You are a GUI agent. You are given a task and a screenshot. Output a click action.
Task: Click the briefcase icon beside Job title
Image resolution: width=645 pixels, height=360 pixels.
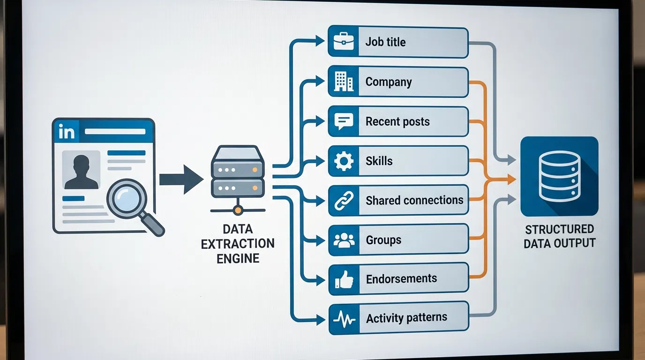[344, 42]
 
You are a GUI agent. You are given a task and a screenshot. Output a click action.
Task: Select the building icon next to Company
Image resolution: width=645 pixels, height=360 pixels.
[344, 82]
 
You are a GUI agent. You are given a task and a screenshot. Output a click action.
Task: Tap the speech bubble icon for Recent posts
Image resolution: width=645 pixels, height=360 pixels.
[344, 121]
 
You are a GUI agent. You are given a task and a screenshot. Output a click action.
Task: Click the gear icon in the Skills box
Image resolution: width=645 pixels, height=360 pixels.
[344, 161]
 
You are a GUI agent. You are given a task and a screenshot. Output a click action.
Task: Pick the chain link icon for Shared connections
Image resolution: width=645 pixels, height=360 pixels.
[344, 201]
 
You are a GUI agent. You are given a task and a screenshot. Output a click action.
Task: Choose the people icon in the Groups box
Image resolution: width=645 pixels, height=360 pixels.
[344, 240]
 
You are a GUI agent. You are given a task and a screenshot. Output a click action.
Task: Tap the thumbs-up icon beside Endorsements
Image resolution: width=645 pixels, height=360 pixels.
[344, 280]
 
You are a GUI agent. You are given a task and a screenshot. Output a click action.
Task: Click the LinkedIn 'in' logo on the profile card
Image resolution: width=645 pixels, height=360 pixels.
[67, 132]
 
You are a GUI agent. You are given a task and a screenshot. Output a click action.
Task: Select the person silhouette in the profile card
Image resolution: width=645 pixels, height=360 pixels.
[82, 172]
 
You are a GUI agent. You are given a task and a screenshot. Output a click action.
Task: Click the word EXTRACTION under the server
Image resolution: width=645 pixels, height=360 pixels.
[238, 244]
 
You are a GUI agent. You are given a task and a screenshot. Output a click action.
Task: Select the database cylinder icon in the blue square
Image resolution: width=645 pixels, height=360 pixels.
[559, 176]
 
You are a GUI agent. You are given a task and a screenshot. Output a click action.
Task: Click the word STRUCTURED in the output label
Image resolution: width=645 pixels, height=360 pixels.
[559, 229]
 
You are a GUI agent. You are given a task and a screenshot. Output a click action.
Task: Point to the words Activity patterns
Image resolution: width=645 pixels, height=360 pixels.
[406, 318]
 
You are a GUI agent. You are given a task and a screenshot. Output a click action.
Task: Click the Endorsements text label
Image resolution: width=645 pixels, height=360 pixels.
[401, 278]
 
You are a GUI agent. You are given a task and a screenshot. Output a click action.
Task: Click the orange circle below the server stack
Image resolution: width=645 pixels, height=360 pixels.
[238, 210]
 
